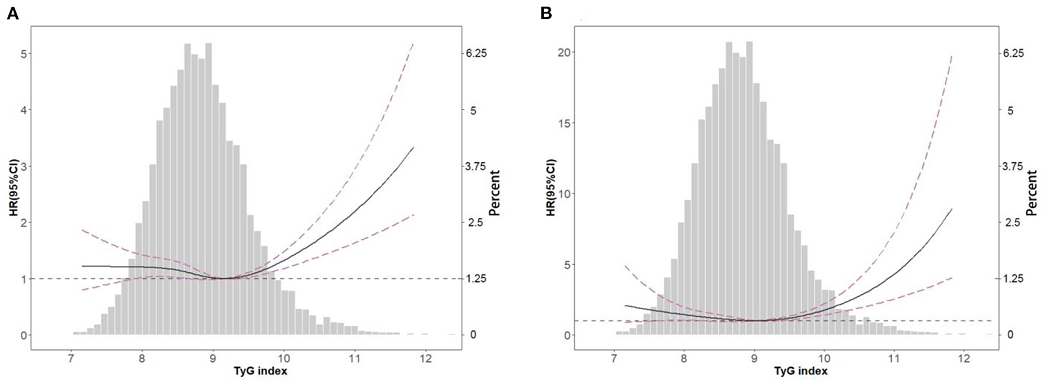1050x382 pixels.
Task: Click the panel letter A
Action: (12, 14)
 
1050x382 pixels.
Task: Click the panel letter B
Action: (546, 14)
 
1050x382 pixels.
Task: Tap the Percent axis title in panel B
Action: (1031, 192)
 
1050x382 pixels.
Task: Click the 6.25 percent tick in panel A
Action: (476, 54)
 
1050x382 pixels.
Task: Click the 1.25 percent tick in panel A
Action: (476, 278)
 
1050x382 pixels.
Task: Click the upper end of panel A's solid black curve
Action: (413, 147)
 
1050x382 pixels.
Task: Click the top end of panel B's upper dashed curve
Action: (952, 56)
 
